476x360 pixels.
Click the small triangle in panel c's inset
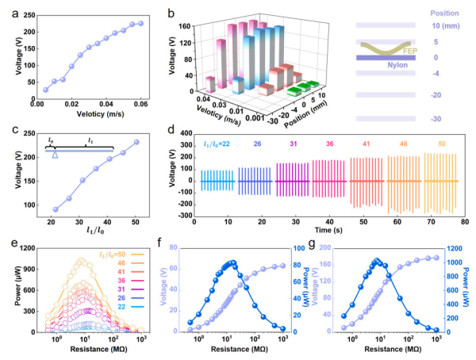54,155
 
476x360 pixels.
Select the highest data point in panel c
136,143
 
